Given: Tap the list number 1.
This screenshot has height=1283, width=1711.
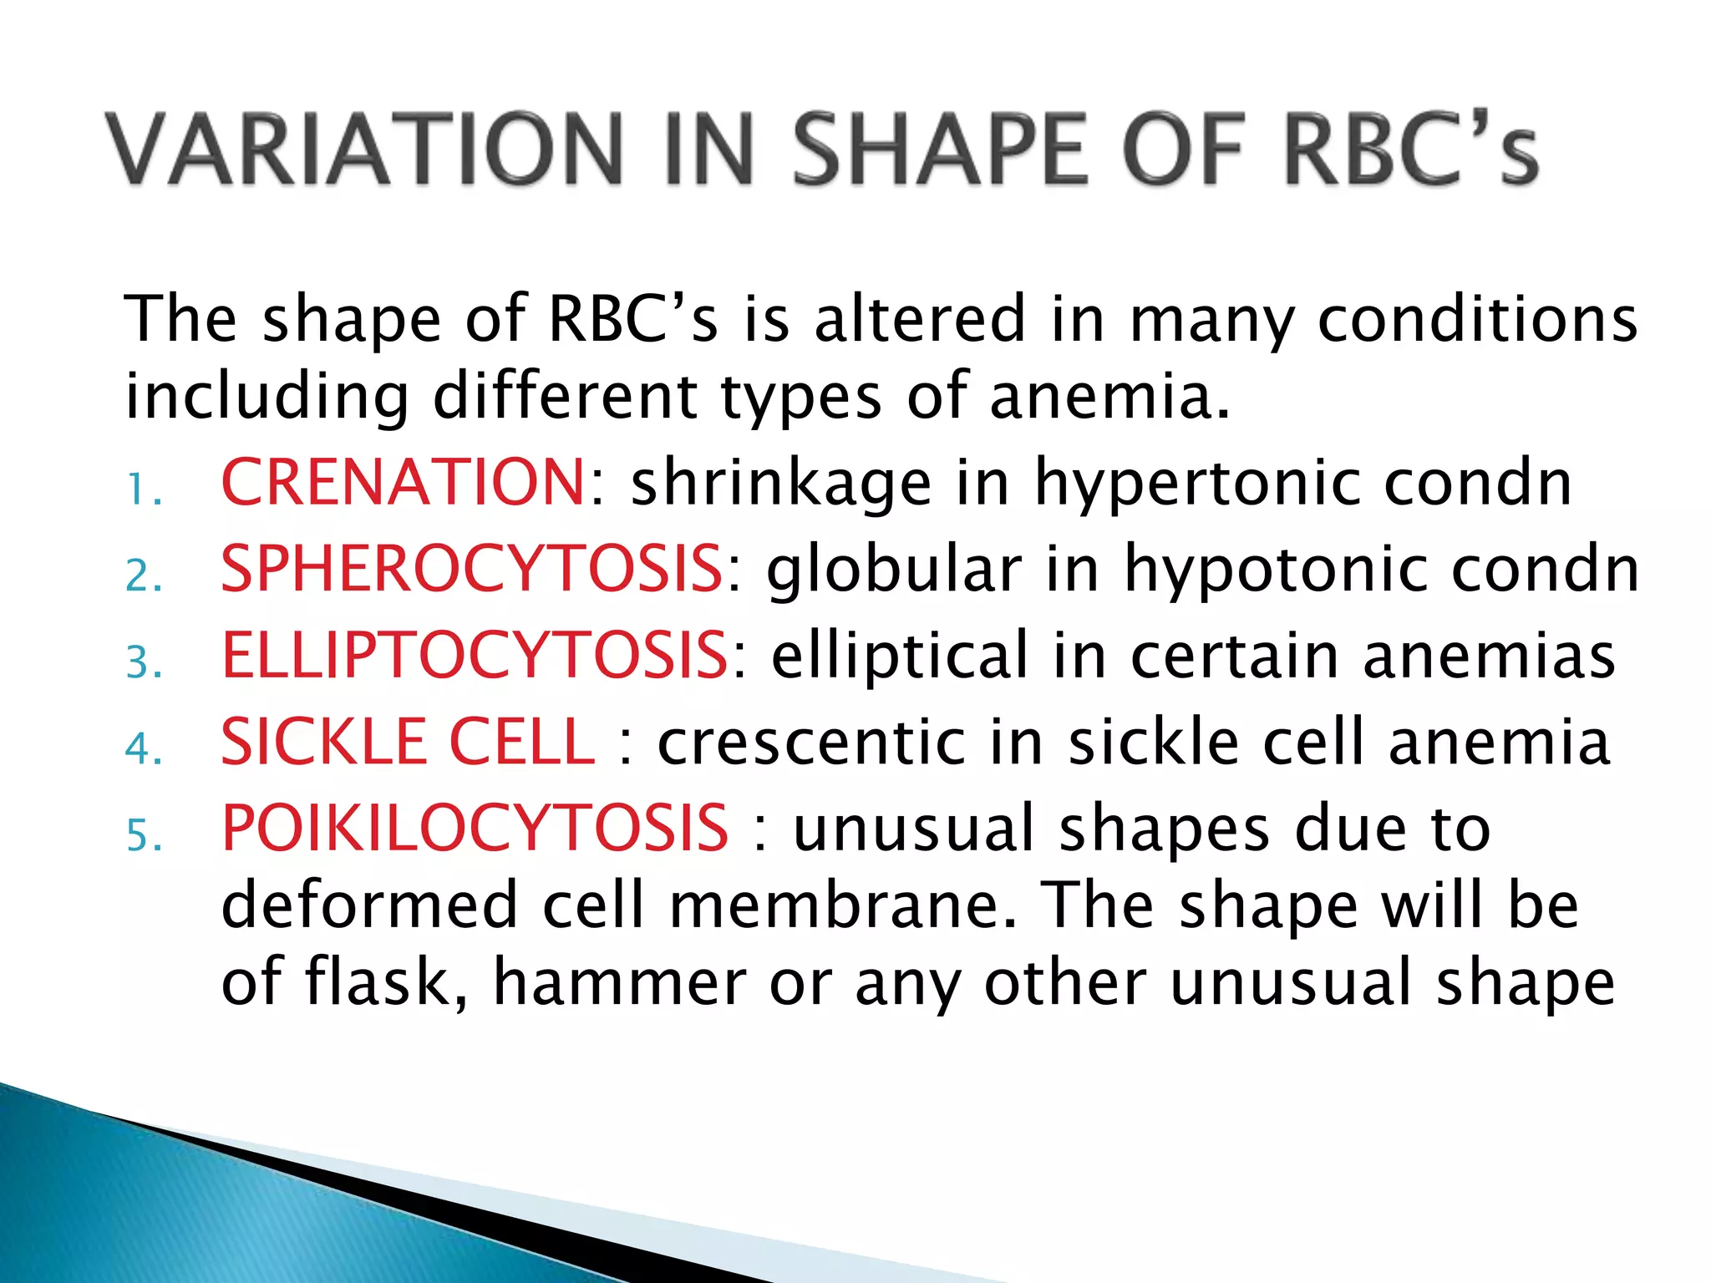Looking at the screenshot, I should click(142, 490).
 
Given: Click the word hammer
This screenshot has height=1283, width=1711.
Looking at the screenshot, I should click(620, 984).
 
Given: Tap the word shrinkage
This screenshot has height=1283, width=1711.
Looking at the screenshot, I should click(780, 485).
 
